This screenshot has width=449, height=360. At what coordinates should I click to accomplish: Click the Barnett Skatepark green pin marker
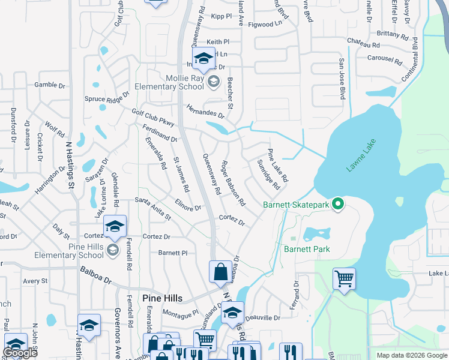(338, 205)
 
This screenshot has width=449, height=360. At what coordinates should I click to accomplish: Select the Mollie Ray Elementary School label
(185, 82)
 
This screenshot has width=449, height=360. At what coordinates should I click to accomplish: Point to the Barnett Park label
(307, 249)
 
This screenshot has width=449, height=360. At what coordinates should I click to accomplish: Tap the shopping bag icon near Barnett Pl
(221, 271)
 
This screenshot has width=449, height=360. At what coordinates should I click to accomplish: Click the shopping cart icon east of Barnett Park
(345, 278)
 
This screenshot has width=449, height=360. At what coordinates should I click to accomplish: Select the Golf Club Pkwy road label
(152, 117)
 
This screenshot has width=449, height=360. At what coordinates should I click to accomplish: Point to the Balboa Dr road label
(96, 279)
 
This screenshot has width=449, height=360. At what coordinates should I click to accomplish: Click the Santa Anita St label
(153, 208)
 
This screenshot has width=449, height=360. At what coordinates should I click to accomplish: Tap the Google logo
(21, 353)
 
